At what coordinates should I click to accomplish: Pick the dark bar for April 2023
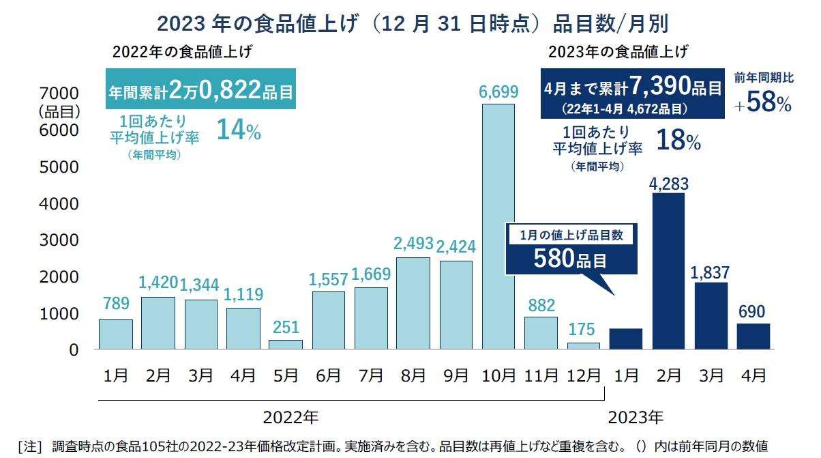[x=753, y=337]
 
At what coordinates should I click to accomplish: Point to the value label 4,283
[x=668, y=183]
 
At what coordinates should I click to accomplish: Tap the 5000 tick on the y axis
[x=61, y=167]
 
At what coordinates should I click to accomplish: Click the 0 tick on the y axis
[x=73, y=349]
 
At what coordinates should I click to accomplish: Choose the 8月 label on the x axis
[x=413, y=375]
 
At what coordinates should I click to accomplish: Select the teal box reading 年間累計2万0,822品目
[x=200, y=89]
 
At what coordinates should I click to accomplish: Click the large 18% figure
[x=678, y=141]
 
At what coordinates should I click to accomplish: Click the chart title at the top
[x=412, y=23]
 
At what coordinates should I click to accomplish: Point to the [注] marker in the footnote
[x=29, y=446]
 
